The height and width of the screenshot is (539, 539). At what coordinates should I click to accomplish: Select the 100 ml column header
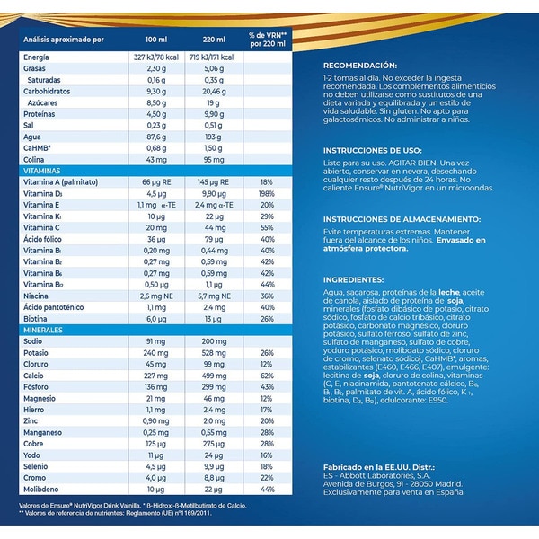[156, 40]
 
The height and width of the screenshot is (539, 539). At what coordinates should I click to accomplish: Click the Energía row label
[37, 57]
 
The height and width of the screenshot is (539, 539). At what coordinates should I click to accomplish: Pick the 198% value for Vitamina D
[267, 193]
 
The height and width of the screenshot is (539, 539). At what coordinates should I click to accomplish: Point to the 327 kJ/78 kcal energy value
[156, 57]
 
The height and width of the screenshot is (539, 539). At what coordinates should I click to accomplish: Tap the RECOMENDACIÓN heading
[360, 66]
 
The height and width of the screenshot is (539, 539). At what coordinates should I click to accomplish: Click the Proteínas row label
[39, 114]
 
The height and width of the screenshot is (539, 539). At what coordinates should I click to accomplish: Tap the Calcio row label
[33, 376]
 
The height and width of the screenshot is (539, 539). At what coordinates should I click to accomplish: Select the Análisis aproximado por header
[64, 40]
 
